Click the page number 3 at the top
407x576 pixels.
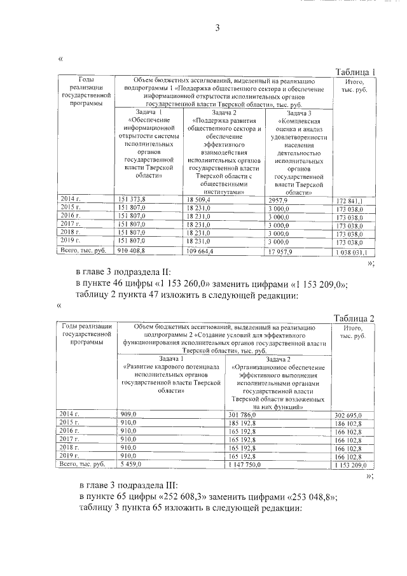tap(217, 27)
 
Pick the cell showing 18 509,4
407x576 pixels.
tap(199, 199)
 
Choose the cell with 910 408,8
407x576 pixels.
tap(135, 251)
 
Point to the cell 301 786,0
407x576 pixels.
tap(242, 414)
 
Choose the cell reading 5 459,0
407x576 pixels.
tap(131, 465)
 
